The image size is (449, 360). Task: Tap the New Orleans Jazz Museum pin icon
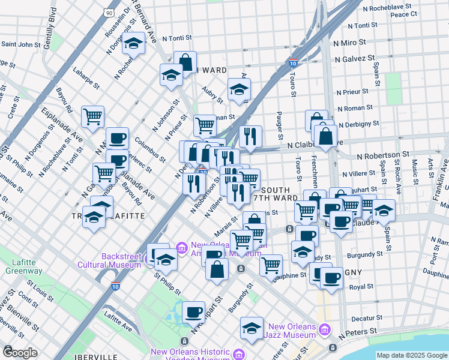325,329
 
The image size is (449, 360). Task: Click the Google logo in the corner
20,352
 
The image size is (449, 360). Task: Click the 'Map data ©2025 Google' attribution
411,355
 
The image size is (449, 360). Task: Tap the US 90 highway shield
107,12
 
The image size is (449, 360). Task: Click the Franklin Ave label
440,180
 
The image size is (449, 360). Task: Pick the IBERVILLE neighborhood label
92,356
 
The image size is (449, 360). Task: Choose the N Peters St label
358,331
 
